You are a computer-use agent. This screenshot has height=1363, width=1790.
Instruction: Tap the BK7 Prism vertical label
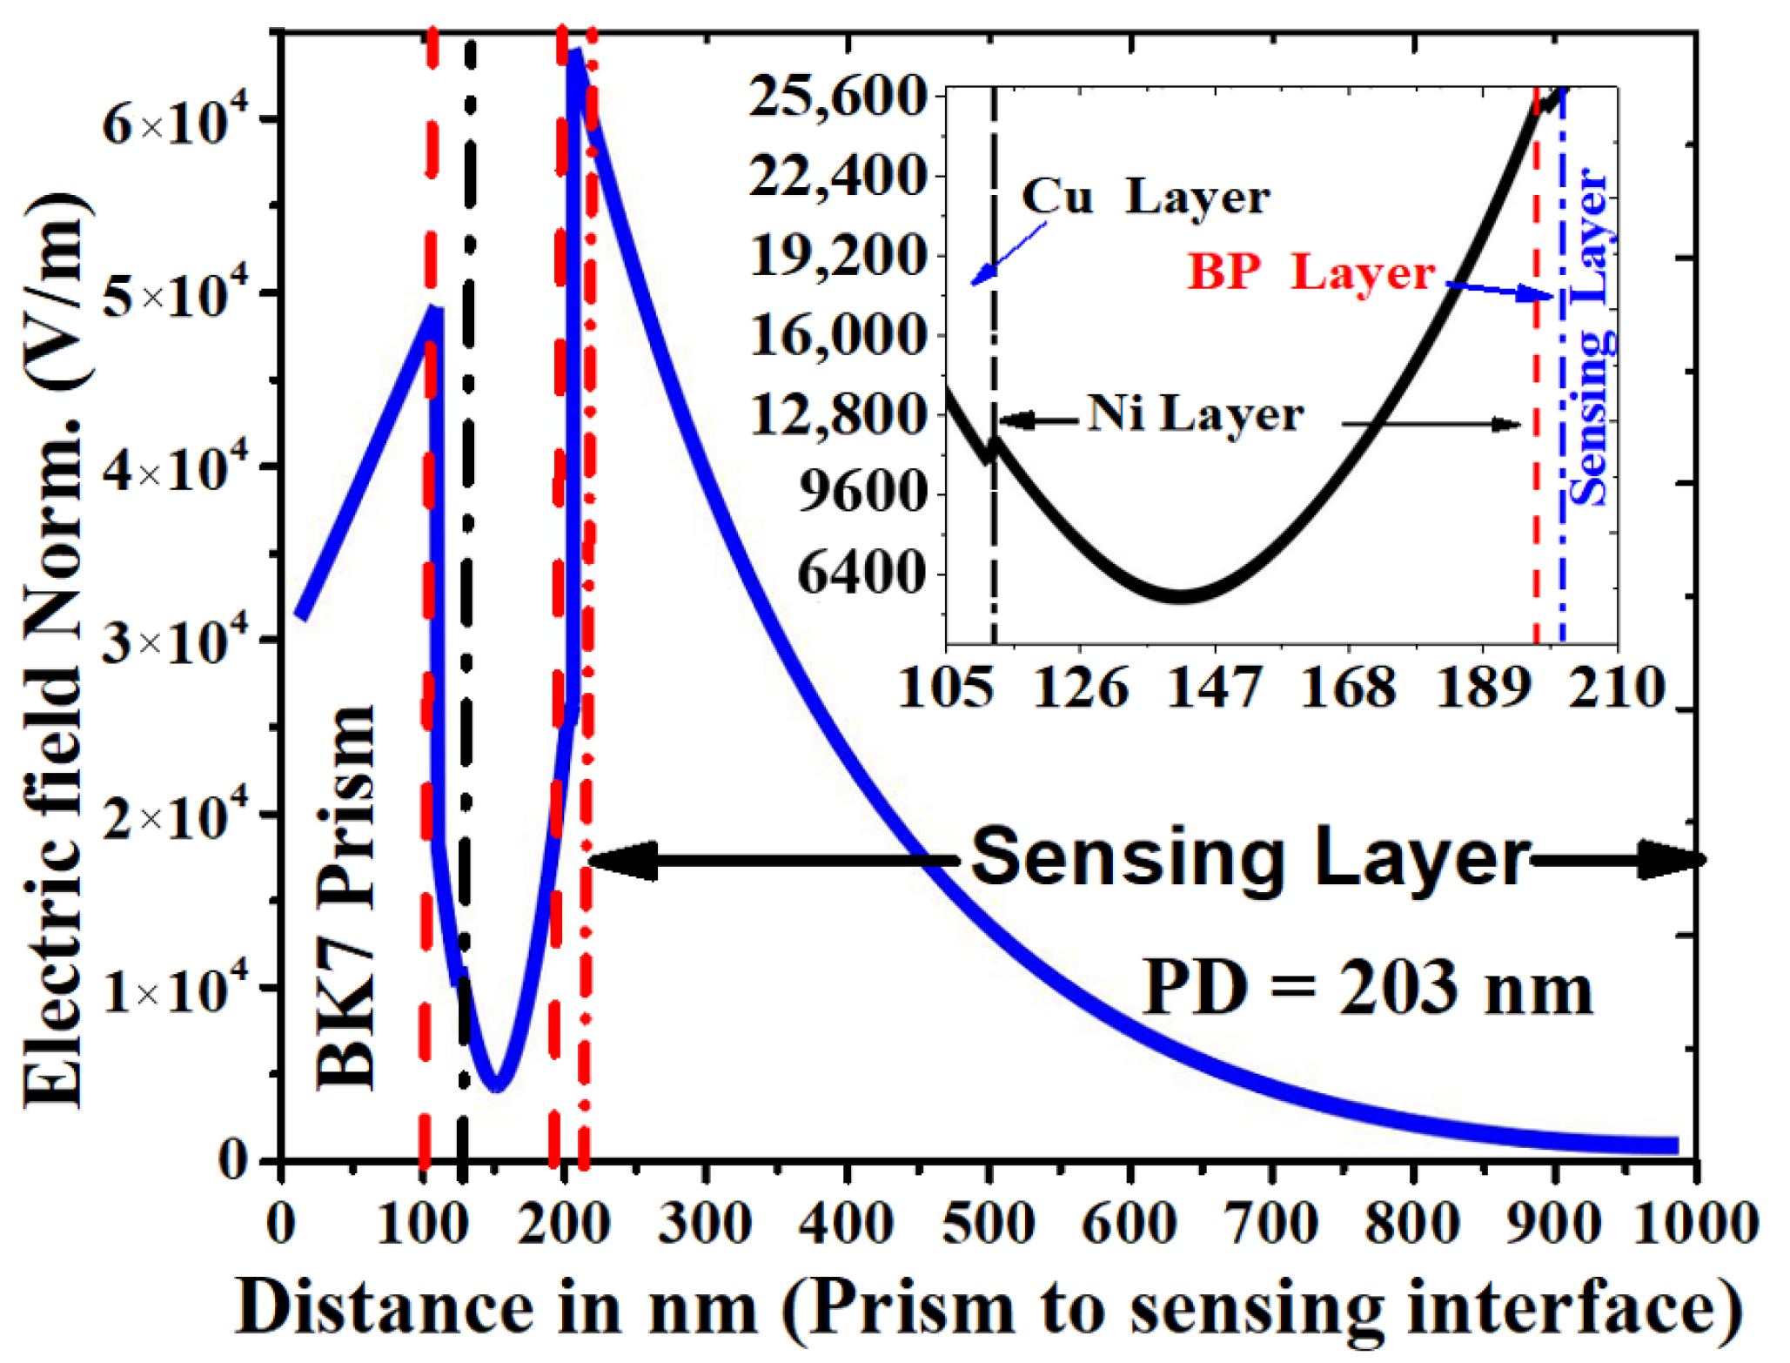pyautogui.click(x=346, y=896)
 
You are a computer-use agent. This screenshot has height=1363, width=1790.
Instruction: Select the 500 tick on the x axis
pyautogui.click(x=989, y=1223)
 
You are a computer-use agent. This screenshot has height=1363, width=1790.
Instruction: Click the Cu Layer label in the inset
pyautogui.click(x=1144, y=197)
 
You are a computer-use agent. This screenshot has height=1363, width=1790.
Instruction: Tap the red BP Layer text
pyautogui.click(x=1311, y=272)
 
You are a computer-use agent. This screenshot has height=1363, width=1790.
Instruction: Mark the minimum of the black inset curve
pyautogui.click(x=1182, y=596)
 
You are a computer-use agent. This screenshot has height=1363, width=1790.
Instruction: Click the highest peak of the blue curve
pyautogui.click(x=575, y=57)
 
